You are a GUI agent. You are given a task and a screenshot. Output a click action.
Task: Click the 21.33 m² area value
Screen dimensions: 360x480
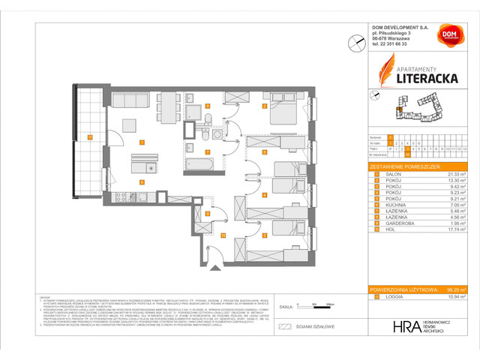tap(455, 172)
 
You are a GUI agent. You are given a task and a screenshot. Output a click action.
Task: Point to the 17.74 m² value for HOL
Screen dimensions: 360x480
tap(455, 238)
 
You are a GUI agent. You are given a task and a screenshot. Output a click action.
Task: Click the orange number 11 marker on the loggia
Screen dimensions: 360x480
tap(89, 136)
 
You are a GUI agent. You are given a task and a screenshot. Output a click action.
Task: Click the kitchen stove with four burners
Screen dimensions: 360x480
tap(119, 198)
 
